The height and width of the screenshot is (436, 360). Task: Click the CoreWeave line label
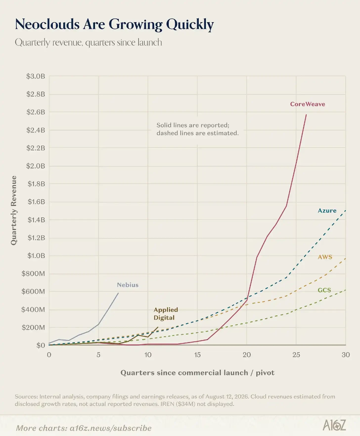[x=307, y=104]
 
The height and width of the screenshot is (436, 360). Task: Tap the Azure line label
[x=327, y=211]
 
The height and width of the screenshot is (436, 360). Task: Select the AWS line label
[x=325, y=257]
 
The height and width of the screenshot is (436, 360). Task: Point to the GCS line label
[x=324, y=290]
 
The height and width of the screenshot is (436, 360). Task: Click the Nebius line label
[x=128, y=285]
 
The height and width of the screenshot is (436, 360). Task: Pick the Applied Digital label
[x=166, y=314]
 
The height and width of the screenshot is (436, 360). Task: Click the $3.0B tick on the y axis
[x=36, y=76]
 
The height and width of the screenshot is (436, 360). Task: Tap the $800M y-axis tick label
[x=33, y=273]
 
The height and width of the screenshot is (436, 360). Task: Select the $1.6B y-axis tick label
[x=36, y=201]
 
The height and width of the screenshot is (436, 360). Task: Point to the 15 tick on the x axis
[x=198, y=355]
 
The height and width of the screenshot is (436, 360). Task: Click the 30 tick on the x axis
[x=346, y=355]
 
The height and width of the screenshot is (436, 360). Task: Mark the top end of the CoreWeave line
[x=306, y=114]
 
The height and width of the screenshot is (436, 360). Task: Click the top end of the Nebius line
[x=118, y=293]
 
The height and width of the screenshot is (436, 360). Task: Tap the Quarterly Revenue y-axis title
[x=14, y=211]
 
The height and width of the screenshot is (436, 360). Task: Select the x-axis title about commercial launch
[x=198, y=373]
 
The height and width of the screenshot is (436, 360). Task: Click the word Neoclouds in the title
[x=47, y=24]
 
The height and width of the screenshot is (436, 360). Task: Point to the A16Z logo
[x=334, y=425]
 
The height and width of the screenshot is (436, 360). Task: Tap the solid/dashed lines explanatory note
[x=198, y=129]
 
